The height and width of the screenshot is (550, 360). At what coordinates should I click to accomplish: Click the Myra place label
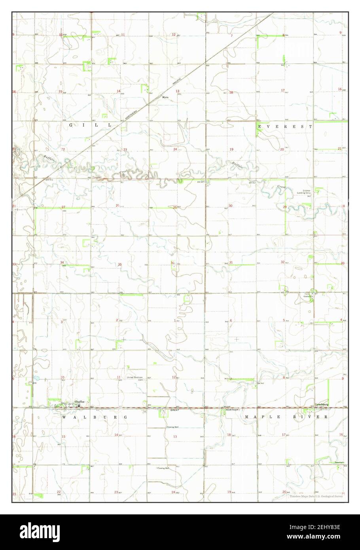coord(165,97)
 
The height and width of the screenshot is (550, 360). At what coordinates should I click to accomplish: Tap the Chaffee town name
coord(79,402)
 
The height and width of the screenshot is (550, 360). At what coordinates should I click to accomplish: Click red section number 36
coord(172,263)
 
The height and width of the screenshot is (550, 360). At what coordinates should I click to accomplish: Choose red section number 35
coord(120,264)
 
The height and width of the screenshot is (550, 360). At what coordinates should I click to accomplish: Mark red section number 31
coord(231,263)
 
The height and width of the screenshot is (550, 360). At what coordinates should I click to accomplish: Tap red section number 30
coord(230,206)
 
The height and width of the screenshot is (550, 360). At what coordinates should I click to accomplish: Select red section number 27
coord(63,207)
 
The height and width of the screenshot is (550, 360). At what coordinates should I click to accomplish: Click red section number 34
coord(62,263)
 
